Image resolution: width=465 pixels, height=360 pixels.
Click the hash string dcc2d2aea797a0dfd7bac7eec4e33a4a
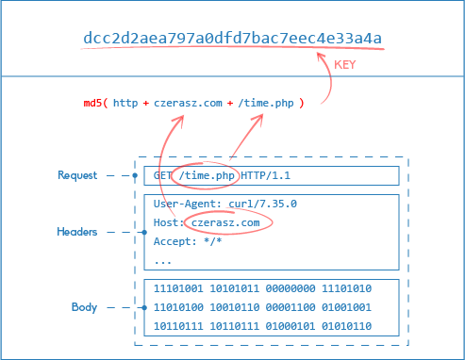point(233,38)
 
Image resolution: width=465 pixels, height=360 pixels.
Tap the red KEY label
point(344,63)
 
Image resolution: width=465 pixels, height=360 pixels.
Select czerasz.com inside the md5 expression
point(189,103)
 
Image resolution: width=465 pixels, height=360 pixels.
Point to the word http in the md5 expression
point(125,103)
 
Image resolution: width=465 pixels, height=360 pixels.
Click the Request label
point(77,175)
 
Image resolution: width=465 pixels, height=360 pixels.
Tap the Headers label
point(77,232)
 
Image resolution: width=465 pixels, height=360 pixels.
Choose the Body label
point(84,307)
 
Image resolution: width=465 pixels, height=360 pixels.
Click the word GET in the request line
point(163,175)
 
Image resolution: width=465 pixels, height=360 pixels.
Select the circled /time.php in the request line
point(208,175)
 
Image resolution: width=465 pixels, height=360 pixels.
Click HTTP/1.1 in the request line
point(268,175)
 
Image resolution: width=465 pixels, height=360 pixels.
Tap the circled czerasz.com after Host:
point(224,223)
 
